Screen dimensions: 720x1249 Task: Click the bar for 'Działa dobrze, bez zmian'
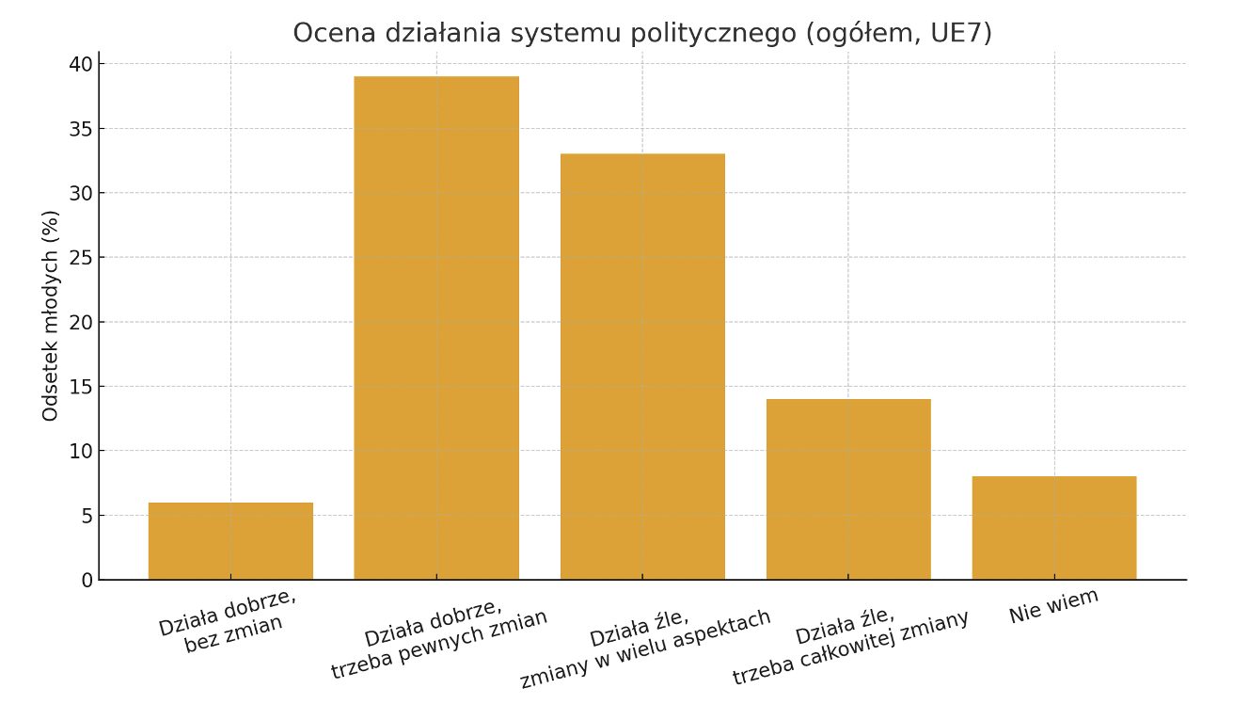230,541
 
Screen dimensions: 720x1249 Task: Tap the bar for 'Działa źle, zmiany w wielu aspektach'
642,367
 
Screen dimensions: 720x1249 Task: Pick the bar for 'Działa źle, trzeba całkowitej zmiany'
848,489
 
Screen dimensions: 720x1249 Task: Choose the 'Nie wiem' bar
1054,528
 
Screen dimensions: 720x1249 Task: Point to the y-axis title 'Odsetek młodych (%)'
51,315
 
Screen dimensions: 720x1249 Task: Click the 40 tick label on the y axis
81,64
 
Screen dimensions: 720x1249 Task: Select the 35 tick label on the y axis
81,129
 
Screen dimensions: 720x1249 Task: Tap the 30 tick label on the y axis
81,193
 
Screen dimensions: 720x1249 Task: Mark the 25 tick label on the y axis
81,258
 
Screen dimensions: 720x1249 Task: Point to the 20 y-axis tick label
81,322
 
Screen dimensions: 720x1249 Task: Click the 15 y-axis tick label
81,387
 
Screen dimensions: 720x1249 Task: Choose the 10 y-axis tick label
81,451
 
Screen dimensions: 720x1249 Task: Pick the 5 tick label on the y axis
87,516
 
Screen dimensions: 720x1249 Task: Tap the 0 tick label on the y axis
87,581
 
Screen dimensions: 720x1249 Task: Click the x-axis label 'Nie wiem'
1053,606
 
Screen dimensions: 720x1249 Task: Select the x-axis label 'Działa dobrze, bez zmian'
229,621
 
